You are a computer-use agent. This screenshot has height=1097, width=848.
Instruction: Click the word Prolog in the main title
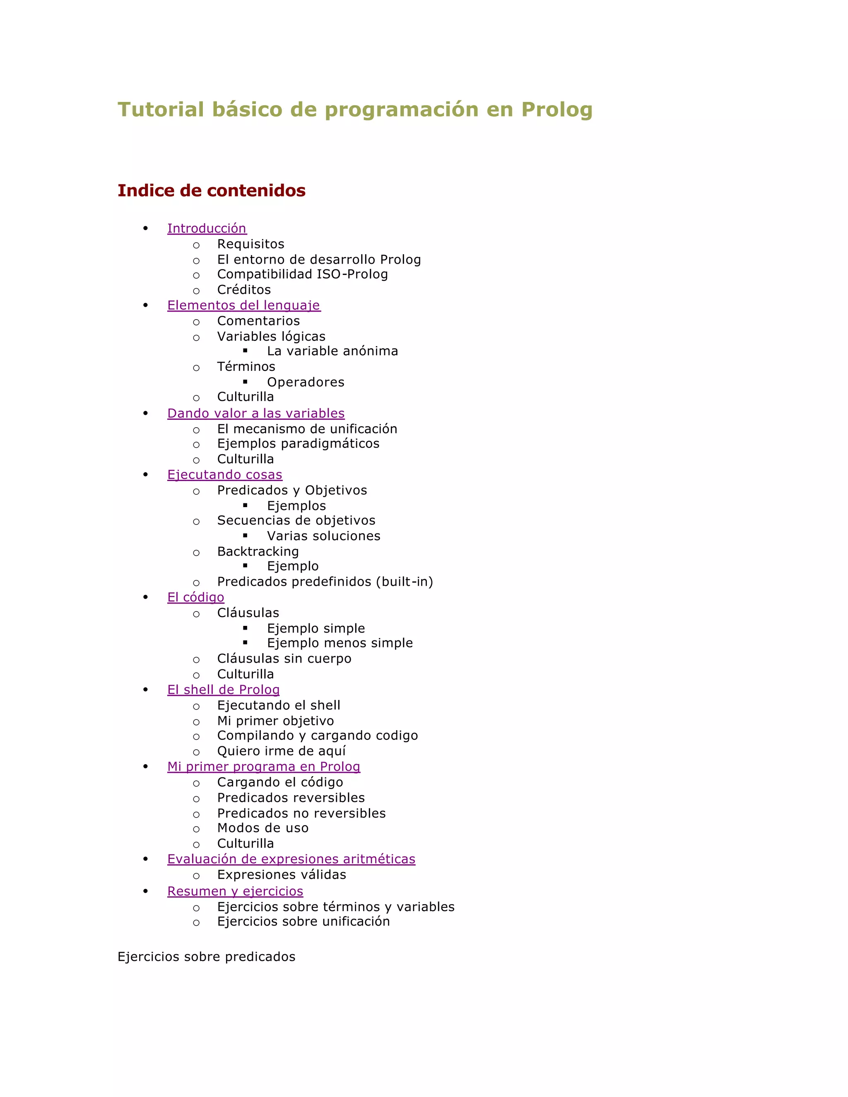pyautogui.click(x=556, y=110)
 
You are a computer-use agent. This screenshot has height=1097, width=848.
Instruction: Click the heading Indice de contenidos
pyautogui.click(x=212, y=190)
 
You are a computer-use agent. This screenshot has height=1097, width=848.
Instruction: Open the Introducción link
pyautogui.click(x=207, y=229)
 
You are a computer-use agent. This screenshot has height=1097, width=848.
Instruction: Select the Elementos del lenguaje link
pyautogui.click(x=243, y=306)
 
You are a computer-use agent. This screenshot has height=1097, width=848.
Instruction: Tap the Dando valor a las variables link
pyautogui.click(x=256, y=414)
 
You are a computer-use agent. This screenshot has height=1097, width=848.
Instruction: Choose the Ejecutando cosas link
pyautogui.click(x=224, y=475)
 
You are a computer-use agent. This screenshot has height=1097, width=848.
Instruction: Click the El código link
pyautogui.click(x=195, y=597)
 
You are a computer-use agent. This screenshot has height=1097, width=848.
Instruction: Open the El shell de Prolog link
pyautogui.click(x=223, y=690)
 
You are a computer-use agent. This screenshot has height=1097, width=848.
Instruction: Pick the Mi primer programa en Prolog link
pyautogui.click(x=263, y=767)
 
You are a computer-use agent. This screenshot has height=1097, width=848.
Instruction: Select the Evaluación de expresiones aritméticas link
pyautogui.click(x=291, y=859)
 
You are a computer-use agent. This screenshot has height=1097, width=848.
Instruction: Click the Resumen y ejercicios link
pyautogui.click(x=235, y=891)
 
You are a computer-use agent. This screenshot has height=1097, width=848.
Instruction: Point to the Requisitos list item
pyautogui.click(x=250, y=244)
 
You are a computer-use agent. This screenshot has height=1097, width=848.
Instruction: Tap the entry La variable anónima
pyautogui.click(x=332, y=351)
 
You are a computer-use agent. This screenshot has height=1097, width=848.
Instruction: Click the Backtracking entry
pyautogui.click(x=258, y=551)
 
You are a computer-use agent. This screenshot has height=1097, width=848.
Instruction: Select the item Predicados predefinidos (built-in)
pyautogui.click(x=325, y=582)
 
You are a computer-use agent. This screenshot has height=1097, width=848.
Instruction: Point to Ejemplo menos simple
pyautogui.click(x=340, y=643)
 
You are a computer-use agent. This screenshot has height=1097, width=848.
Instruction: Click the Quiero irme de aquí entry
pyautogui.click(x=281, y=751)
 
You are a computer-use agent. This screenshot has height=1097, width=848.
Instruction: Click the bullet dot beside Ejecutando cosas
pyautogui.click(x=146, y=475)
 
